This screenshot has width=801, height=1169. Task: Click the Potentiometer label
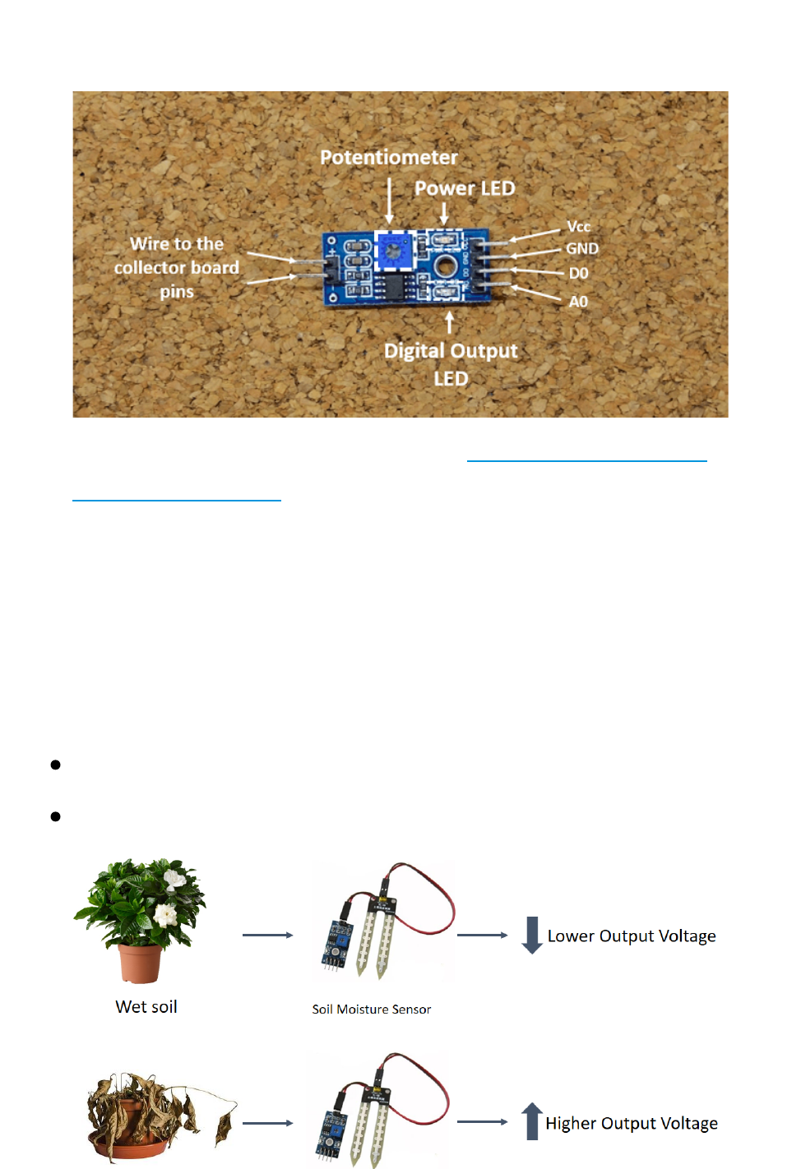(388, 157)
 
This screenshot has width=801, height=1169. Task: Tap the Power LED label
(465, 188)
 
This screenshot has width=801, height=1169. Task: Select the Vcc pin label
(578, 226)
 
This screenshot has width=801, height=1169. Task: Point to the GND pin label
(581, 248)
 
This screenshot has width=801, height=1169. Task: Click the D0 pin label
(578, 273)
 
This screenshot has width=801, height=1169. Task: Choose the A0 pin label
(578, 302)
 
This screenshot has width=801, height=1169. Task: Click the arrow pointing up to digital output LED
(449, 321)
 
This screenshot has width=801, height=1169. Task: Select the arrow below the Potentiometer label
(390, 201)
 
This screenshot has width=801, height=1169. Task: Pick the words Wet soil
(146, 1007)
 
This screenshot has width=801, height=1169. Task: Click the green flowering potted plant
(141, 904)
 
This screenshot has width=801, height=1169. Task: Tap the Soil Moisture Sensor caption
(371, 1010)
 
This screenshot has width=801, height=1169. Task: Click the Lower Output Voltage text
(632, 936)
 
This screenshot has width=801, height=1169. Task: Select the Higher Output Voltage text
(632, 1124)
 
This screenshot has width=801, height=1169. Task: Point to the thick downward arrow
(532, 936)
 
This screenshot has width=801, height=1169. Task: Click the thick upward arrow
(532, 1121)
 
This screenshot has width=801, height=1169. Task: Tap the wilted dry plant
(156, 1114)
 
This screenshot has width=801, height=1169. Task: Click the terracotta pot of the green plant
(140, 963)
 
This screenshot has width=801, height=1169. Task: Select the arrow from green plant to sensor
(267, 936)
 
